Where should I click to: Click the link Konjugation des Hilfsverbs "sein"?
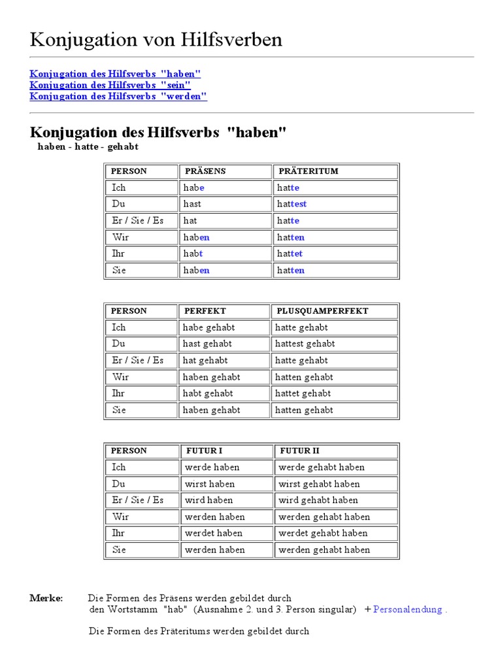point(110,85)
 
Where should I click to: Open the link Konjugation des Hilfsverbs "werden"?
point(118,96)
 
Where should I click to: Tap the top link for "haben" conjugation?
point(115,74)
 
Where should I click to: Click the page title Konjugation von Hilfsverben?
point(156,40)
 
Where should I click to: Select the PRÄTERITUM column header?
point(309,171)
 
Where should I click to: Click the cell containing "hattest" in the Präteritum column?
point(292,204)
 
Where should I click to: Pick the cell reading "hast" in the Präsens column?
point(192,204)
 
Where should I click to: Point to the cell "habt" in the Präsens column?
point(193,253)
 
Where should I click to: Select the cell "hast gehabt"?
point(207,344)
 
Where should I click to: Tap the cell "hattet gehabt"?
point(303,393)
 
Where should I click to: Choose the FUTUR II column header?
point(299,451)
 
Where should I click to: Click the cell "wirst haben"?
point(210,484)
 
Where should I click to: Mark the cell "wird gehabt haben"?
point(318,500)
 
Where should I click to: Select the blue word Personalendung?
point(408,610)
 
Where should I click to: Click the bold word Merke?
point(46,598)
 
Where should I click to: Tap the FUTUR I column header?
point(204,451)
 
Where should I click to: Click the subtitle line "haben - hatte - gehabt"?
point(88,147)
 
